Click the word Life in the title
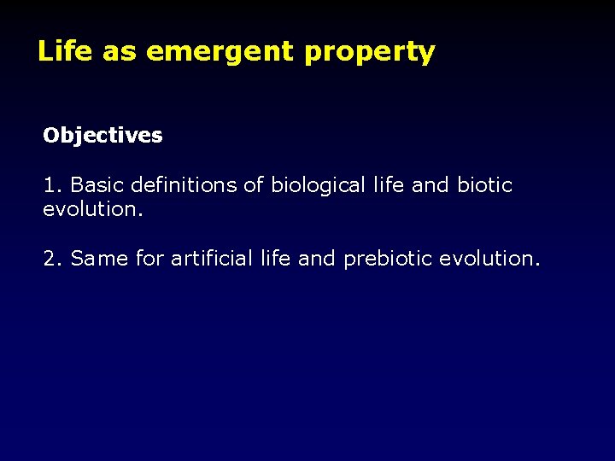click(66, 52)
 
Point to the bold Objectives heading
click(102, 136)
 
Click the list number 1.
click(50, 185)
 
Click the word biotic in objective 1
click(484, 185)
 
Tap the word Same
click(100, 258)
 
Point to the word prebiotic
click(387, 258)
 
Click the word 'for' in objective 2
click(149, 258)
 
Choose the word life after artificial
click(276, 258)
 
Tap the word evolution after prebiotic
click(489, 258)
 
